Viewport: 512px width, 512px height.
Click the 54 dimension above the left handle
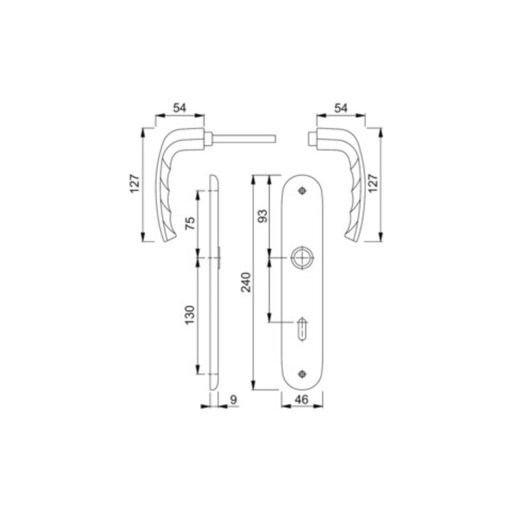180,107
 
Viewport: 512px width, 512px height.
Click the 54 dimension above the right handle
341,107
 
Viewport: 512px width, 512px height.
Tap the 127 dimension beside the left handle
135,184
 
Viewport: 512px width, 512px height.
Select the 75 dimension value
190,223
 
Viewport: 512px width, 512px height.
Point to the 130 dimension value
190,315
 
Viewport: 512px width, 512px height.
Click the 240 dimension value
246,282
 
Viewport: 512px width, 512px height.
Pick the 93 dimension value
262,216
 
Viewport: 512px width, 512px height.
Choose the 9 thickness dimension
233,400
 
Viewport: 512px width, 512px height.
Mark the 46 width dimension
302,400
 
